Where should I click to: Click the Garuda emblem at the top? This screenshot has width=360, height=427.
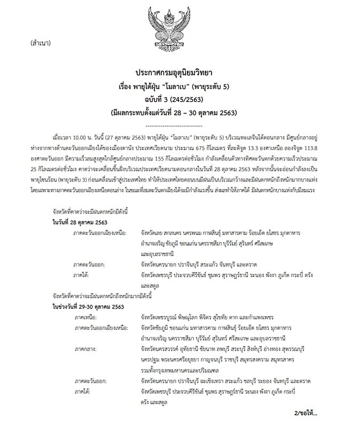pyautogui.click(x=179, y=27)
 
